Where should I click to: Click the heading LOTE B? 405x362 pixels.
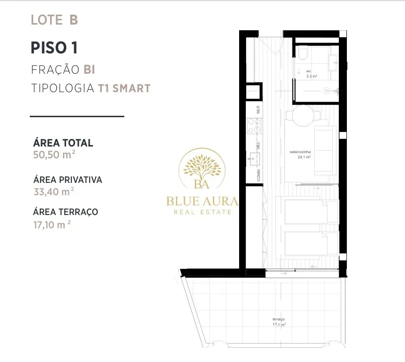tap(54, 20)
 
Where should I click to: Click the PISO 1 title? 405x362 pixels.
tap(54, 48)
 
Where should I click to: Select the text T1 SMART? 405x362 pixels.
tap(124, 88)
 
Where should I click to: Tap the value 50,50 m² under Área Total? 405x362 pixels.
tap(54, 155)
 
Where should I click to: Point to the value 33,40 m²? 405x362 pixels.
tap(54, 191)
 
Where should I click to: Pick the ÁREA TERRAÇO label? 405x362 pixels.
tap(66, 212)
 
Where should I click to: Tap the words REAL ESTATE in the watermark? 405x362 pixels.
tap(202, 212)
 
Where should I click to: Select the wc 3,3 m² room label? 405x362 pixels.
tap(311, 74)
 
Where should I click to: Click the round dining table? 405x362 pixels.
tap(303, 116)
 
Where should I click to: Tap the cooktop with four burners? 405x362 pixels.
tap(254, 126)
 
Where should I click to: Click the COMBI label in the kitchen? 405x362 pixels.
tap(259, 175)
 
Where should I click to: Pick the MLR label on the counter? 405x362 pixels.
tap(258, 110)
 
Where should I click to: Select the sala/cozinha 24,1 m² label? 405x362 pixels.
tap(301, 155)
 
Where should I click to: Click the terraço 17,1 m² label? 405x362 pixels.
tap(279, 322)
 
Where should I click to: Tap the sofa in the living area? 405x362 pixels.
tap(325, 151)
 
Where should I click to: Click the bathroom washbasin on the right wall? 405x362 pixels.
tap(334, 62)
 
